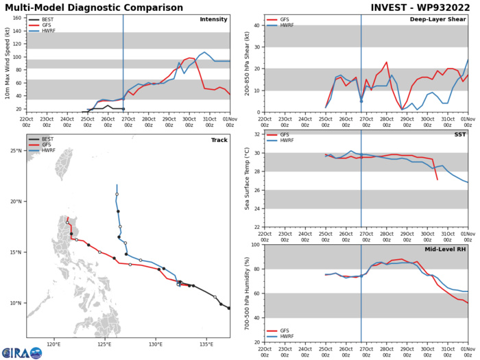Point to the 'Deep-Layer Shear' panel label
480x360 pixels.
(437, 19)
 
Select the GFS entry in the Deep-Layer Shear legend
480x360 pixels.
(287, 21)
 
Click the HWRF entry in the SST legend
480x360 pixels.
(289, 162)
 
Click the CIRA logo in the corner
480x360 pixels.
(21, 352)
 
